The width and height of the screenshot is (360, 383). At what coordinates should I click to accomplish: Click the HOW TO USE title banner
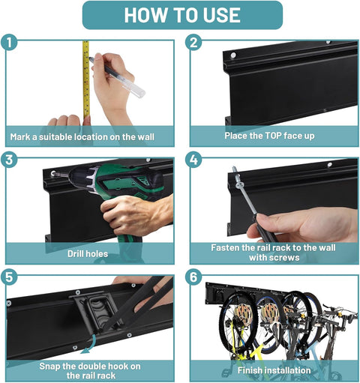(x=182, y=15)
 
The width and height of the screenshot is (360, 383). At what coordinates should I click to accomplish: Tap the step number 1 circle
(x=9, y=43)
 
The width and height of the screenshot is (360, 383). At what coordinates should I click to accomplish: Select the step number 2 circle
(x=193, y=43)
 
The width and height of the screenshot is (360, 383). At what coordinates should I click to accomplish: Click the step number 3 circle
(x=9, y=160)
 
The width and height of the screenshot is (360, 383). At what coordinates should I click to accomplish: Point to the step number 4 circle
(x=193, y=160)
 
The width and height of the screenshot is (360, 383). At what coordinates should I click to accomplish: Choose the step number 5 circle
(x=9, y=277)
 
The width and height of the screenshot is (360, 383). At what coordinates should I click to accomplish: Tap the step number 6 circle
(x=193, y=277)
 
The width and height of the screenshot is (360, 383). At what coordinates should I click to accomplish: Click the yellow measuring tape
(x=86, y=79)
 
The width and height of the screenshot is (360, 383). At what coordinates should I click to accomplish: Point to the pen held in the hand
(x=117, y=77)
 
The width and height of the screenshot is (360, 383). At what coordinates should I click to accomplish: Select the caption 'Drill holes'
(x=88, y=254)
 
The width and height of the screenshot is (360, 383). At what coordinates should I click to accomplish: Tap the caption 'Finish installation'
(x=274, y=370)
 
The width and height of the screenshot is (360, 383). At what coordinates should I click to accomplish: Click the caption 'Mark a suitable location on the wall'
(x=82, y=137)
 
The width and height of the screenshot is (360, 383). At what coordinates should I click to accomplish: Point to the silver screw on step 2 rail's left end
(x=233, y=55)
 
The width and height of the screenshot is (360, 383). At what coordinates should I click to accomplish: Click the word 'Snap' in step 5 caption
(x=49, y=367)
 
